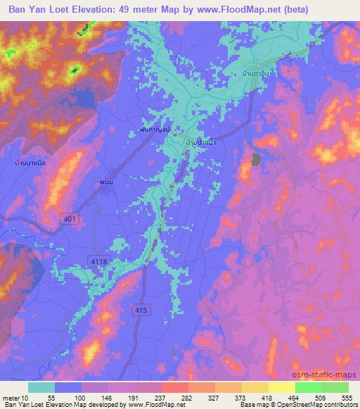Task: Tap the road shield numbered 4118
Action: pyautogui.click(x=99, y=261)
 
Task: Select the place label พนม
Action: pyautogui.click(x=106, y=183)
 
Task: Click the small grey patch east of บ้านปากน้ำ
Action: pyautogui.click(x=255, y=160)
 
